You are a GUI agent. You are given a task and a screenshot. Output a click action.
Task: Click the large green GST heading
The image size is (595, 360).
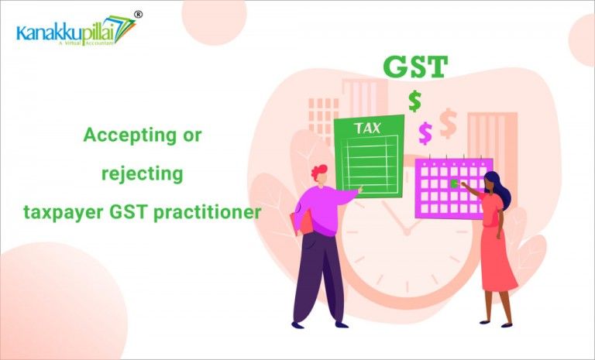[x=415, y=67]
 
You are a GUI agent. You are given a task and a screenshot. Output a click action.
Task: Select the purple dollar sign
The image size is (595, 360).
[x=425, y=133]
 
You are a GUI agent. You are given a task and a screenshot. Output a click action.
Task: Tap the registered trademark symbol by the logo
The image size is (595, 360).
[x=138, y=14]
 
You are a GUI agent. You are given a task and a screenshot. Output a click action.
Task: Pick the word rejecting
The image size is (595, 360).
[x=143, y=173]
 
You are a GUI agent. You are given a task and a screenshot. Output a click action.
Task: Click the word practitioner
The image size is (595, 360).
[x=208, y=211]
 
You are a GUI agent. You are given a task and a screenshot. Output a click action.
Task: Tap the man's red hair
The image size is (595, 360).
[x=318, y=172]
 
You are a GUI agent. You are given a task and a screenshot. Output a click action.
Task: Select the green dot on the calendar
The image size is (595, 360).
[x=455, y=183]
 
